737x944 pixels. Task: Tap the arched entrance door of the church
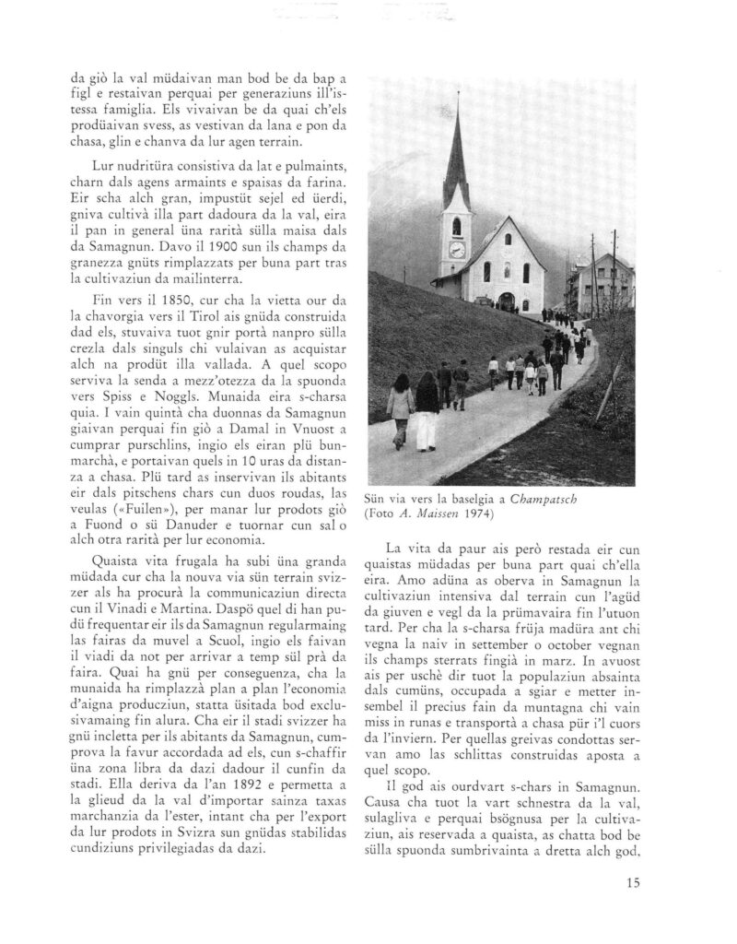click(x=508, y=300)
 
